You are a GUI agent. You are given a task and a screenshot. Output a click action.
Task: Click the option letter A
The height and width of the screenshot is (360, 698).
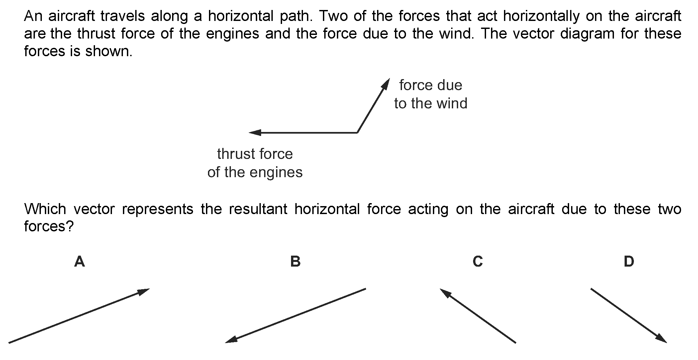click(79, 262)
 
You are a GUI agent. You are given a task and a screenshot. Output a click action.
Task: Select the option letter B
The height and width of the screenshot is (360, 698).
click(295, 262)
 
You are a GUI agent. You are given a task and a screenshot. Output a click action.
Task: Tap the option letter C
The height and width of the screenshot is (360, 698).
click(478, 262)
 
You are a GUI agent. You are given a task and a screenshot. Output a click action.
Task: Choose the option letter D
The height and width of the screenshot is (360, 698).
click(629, 262)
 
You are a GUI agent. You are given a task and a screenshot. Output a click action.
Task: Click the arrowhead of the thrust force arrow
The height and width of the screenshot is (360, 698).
click(255, 133)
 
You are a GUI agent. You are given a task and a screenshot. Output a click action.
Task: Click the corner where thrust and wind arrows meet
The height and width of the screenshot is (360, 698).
click(357, 133)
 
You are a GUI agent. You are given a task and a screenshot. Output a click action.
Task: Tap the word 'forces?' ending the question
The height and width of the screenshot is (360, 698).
click(49, 227)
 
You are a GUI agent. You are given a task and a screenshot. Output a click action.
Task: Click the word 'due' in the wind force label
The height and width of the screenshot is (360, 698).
click(449, 85)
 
